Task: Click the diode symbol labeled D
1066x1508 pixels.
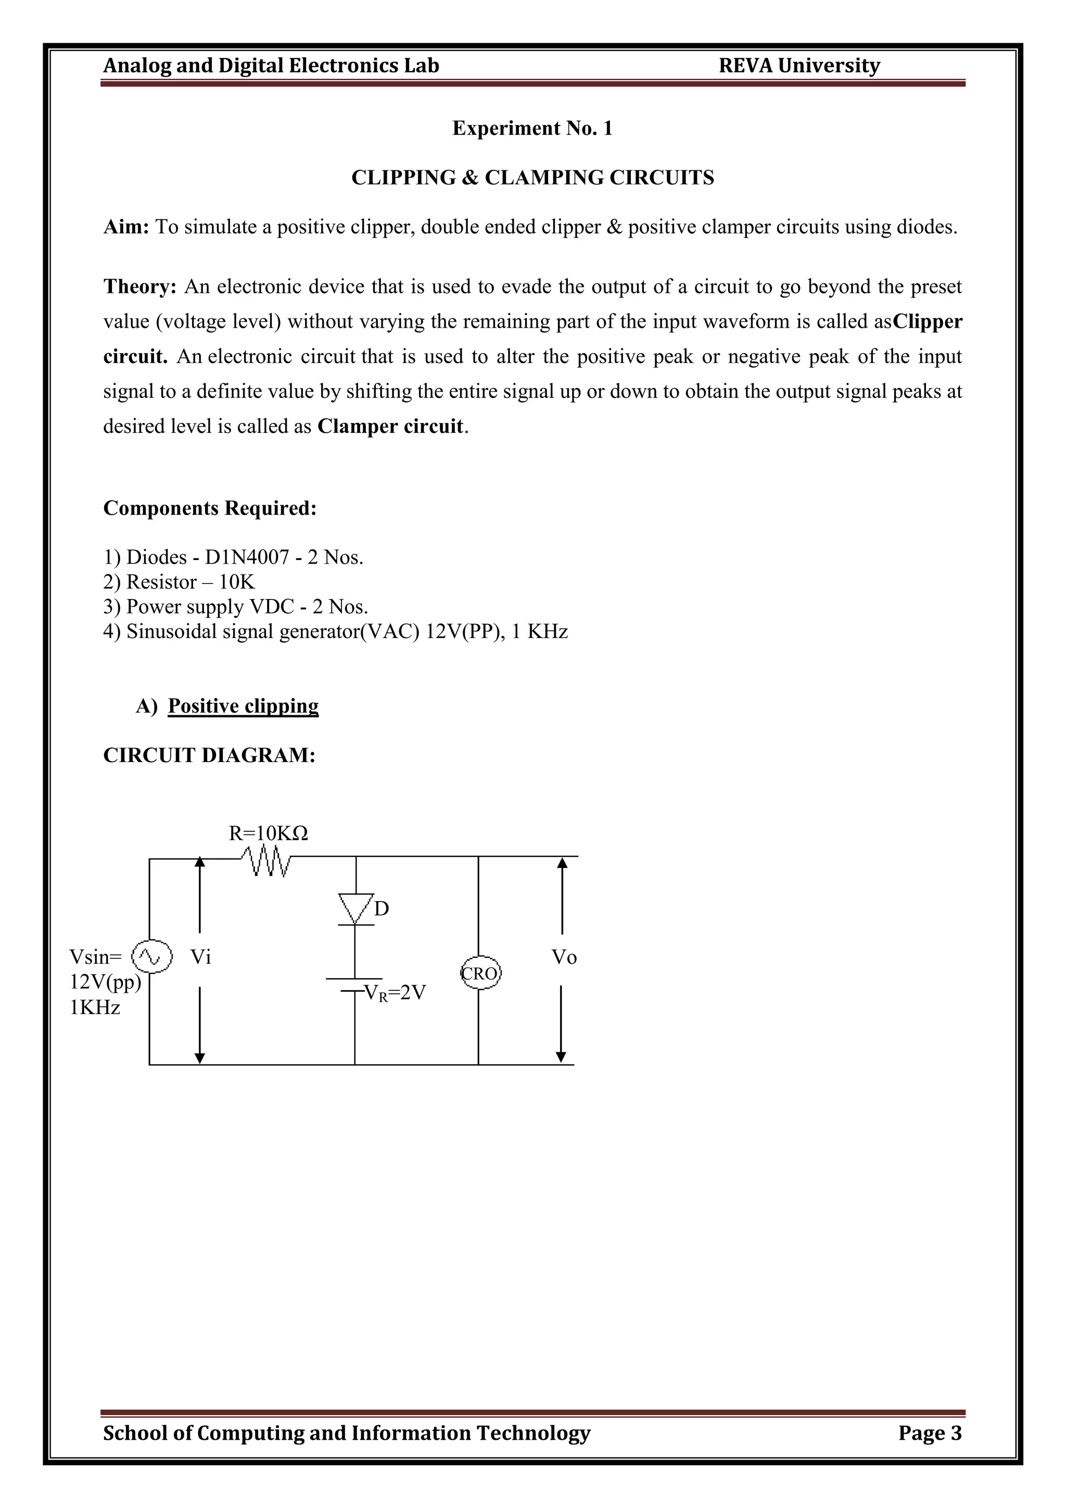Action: [356, 909]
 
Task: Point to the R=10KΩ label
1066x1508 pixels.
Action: [268, 833]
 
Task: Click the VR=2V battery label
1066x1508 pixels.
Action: [395, 992]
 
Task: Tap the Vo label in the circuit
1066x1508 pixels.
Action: [564, 957]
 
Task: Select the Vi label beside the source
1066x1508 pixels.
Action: [201, 957]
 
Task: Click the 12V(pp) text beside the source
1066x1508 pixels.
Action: [105, 982]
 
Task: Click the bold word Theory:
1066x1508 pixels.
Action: [140, 287]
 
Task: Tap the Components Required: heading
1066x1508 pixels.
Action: [209, 508]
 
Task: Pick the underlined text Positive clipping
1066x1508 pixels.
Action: [243, 706]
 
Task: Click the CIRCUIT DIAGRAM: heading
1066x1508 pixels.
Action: [209, 755]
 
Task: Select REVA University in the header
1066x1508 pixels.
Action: [799, 66]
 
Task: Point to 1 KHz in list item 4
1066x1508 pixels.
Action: [540, 632]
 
